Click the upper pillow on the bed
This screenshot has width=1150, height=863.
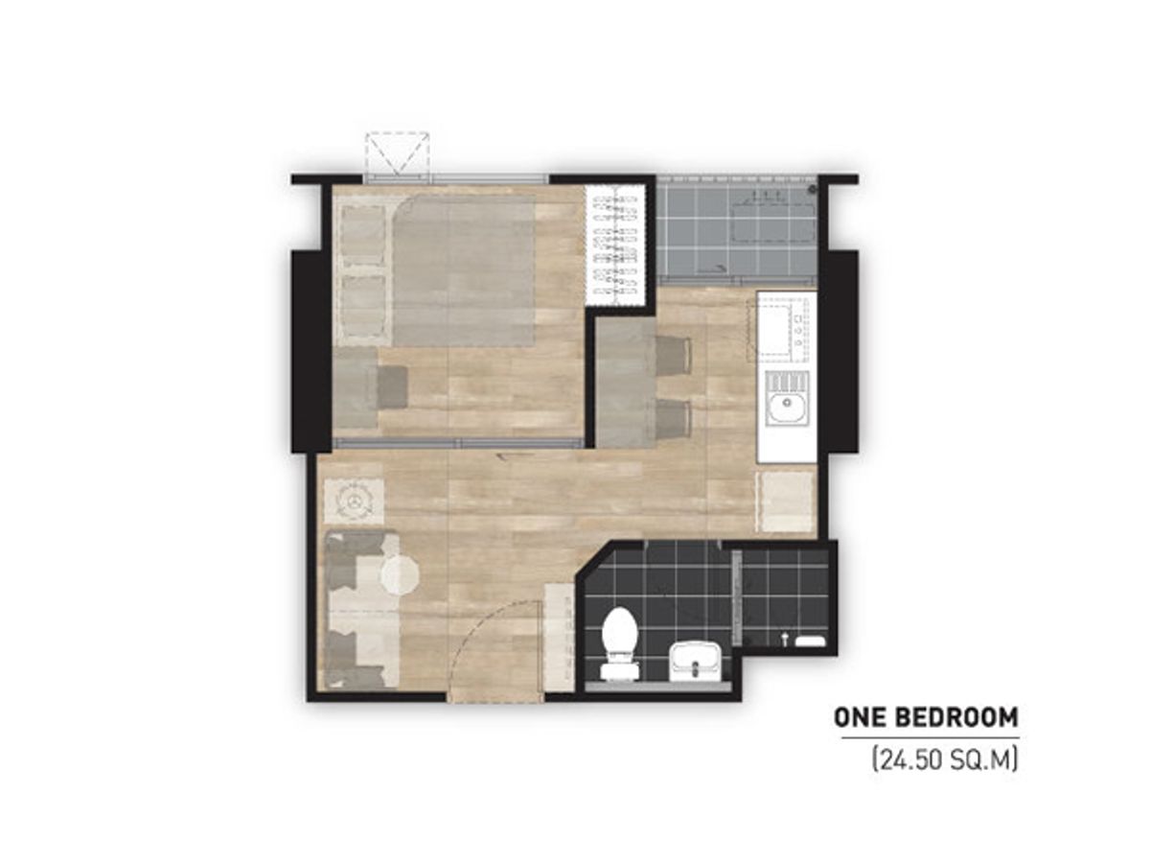pyautogui.click(x=363, y=234)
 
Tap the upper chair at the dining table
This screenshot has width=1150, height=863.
pyautogui.click(x=672, y=357)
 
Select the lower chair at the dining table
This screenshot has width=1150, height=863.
pyautogui.click(x=672, y=419)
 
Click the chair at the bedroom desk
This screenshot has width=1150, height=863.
pyautogui.click(x=391, y=385)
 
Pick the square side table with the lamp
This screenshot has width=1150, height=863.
pyautogui.click(x=354, y=501)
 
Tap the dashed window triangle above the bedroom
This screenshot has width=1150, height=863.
pyautogui.click(x=397, y=154)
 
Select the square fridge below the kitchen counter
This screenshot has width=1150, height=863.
pyautogui.click(x=785, y=501)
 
